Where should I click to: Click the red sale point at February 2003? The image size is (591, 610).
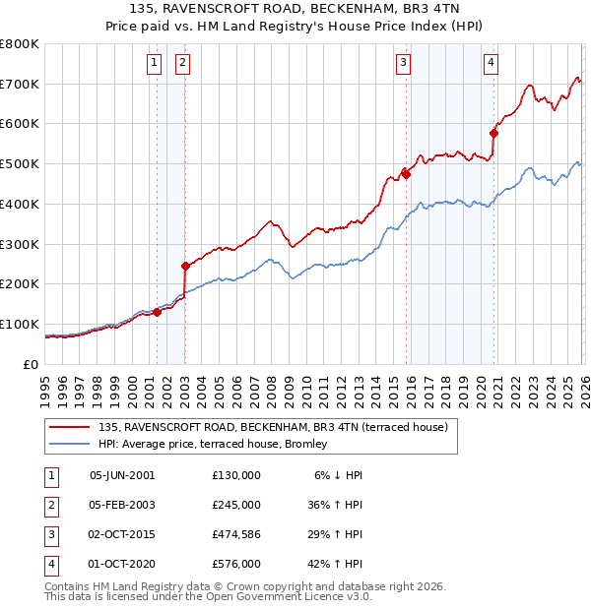pyautogui.click(x=185, y=266)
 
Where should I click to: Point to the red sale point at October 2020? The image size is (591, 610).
pyautogui.click(x=493, y=133)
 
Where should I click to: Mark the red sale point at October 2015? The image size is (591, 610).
pyautogui.click(x=406, y=173)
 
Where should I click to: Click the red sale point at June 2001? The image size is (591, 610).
pyautogui.click(x=157, y=312)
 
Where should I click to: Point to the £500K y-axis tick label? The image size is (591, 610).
pyautogui.click(x=19, y=164)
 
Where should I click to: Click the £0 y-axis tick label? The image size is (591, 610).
pyautogui.click(x=30, y=364)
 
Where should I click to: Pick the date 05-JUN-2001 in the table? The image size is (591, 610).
pyautogui.click(x=122, y=475)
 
